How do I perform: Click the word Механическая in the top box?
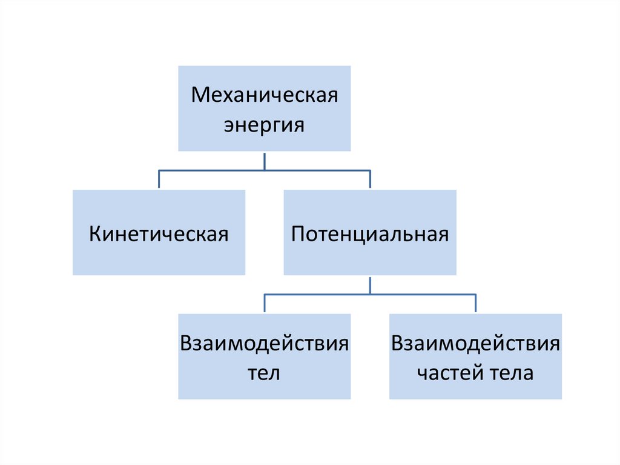click(264, 96)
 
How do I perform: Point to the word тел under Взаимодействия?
click(264, 373)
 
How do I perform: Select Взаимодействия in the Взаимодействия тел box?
click(264, 344)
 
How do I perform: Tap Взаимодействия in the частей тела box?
click(475, 344)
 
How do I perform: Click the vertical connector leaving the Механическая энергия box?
click(265, 161)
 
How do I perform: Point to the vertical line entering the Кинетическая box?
click(159, 180)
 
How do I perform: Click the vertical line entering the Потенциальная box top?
click(370, 180)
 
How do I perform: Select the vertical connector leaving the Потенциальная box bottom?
click(370, 285)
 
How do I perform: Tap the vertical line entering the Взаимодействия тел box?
click(265, 304)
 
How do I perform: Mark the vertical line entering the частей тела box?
click(475, 304)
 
